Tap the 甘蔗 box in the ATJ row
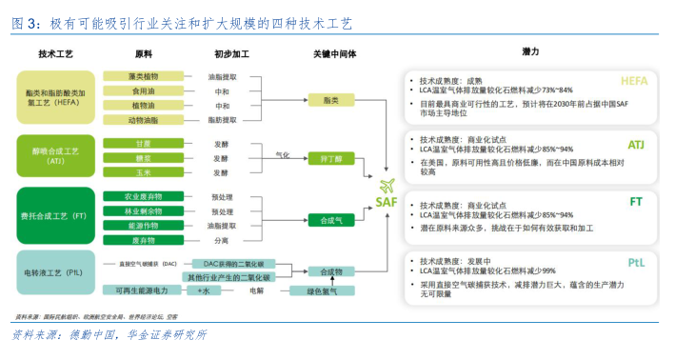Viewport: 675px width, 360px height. [143, 144]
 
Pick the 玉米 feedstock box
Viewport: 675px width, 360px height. [143, 172]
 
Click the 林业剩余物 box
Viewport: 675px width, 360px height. [143, 211]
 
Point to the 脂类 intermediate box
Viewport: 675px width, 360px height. [332, 99]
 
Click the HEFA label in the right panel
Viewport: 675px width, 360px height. [633, 81]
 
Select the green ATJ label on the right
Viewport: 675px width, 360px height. [636, 145]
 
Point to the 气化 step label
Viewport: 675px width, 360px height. [282, 153]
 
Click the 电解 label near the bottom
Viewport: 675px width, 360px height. [256, 290]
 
